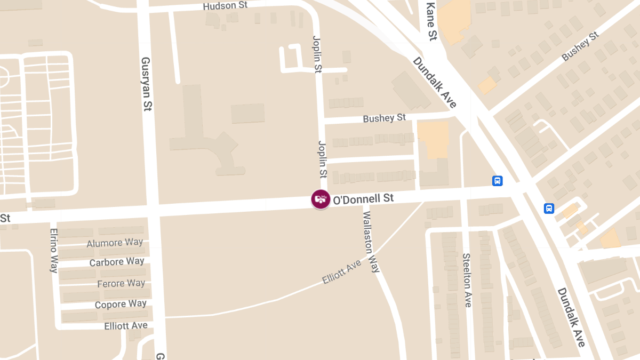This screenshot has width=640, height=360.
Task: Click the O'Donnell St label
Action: click(x=363, y=199)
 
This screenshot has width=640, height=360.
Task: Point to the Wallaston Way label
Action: click(x=371, y=242)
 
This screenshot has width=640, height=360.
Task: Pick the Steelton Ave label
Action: click(x=467, y=280)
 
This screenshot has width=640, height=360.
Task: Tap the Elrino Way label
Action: click(x=54, y=251)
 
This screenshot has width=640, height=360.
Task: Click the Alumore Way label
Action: click(x=115, y=243)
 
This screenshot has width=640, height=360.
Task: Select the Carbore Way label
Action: click(x=117, y=262)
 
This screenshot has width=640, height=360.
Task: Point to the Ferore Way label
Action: click(x=121, y=284)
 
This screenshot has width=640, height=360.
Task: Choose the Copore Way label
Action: click(x=121, y=305)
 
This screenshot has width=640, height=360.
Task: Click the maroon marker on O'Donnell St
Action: click(x=321, y=199)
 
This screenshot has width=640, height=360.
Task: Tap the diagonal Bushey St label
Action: click(x=580, y=46)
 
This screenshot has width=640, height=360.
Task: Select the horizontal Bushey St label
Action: click(x=384, y=118)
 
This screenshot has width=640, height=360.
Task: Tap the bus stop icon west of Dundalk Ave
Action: click(x=497, y=181)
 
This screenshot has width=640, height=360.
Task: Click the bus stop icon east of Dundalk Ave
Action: click(x=549, y=209)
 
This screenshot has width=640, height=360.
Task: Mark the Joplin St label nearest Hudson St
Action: click(x=317, y=54)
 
